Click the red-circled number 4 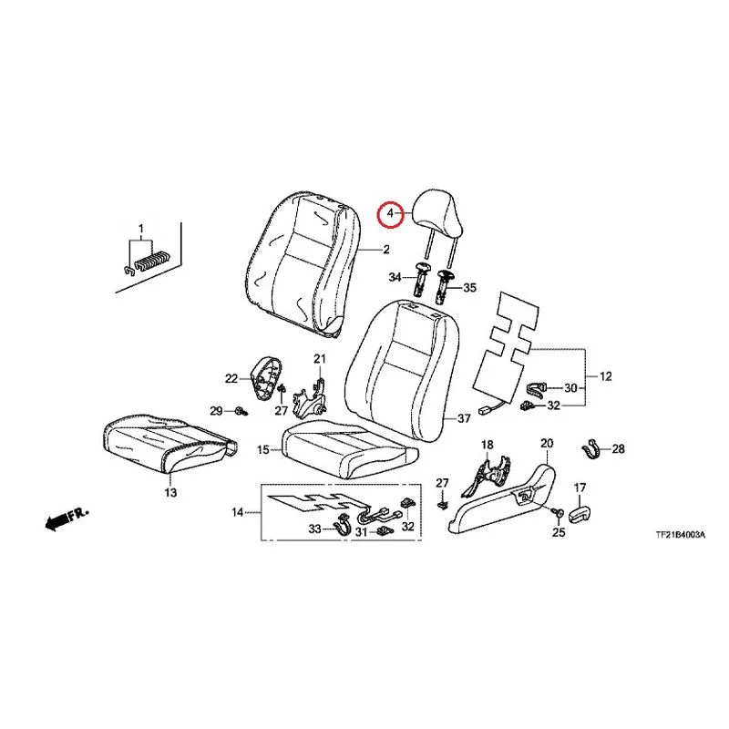click(390, 214)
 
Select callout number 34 click(395, 278)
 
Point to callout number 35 click(470, 288)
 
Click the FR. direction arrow click(66, 519)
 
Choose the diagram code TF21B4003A click(680, 535)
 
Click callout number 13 click(170, 492)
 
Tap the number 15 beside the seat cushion click(262, 449)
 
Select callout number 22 click(231, 379)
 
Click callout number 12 click(605, 376)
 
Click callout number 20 click(547, 444)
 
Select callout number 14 click(238, 512)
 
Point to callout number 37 click(464, 419)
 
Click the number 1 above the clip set click(141, 229)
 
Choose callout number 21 click(320, 359)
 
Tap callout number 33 click(314, 529)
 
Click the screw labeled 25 click(558, 512)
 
